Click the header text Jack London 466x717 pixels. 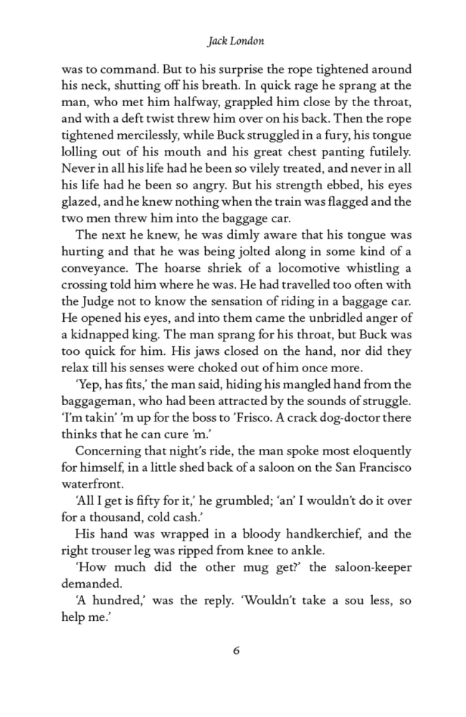coord(235,41)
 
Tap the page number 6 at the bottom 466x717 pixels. coord(235,650)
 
